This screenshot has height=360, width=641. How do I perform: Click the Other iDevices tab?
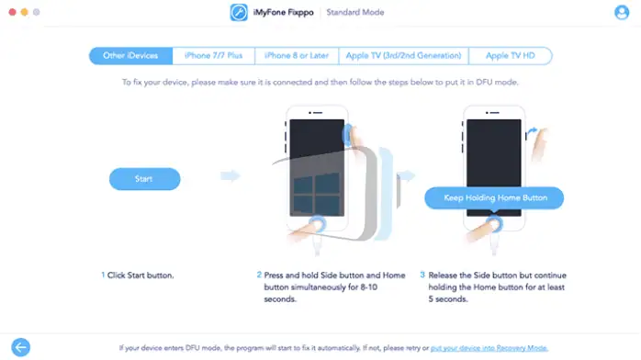131,56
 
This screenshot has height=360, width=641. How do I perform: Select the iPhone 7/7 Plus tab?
213,56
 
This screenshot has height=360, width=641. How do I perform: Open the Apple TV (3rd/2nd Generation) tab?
403,56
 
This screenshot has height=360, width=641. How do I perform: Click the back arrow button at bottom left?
19,347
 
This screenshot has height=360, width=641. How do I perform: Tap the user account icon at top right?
622,13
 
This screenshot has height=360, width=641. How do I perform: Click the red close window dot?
12,13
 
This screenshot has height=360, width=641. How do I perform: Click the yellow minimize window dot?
26,13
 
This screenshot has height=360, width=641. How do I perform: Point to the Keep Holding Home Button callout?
492,198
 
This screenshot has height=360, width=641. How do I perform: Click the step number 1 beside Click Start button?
103,275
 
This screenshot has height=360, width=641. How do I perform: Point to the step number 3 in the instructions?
422,275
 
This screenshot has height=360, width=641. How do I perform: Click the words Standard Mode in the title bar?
358,13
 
